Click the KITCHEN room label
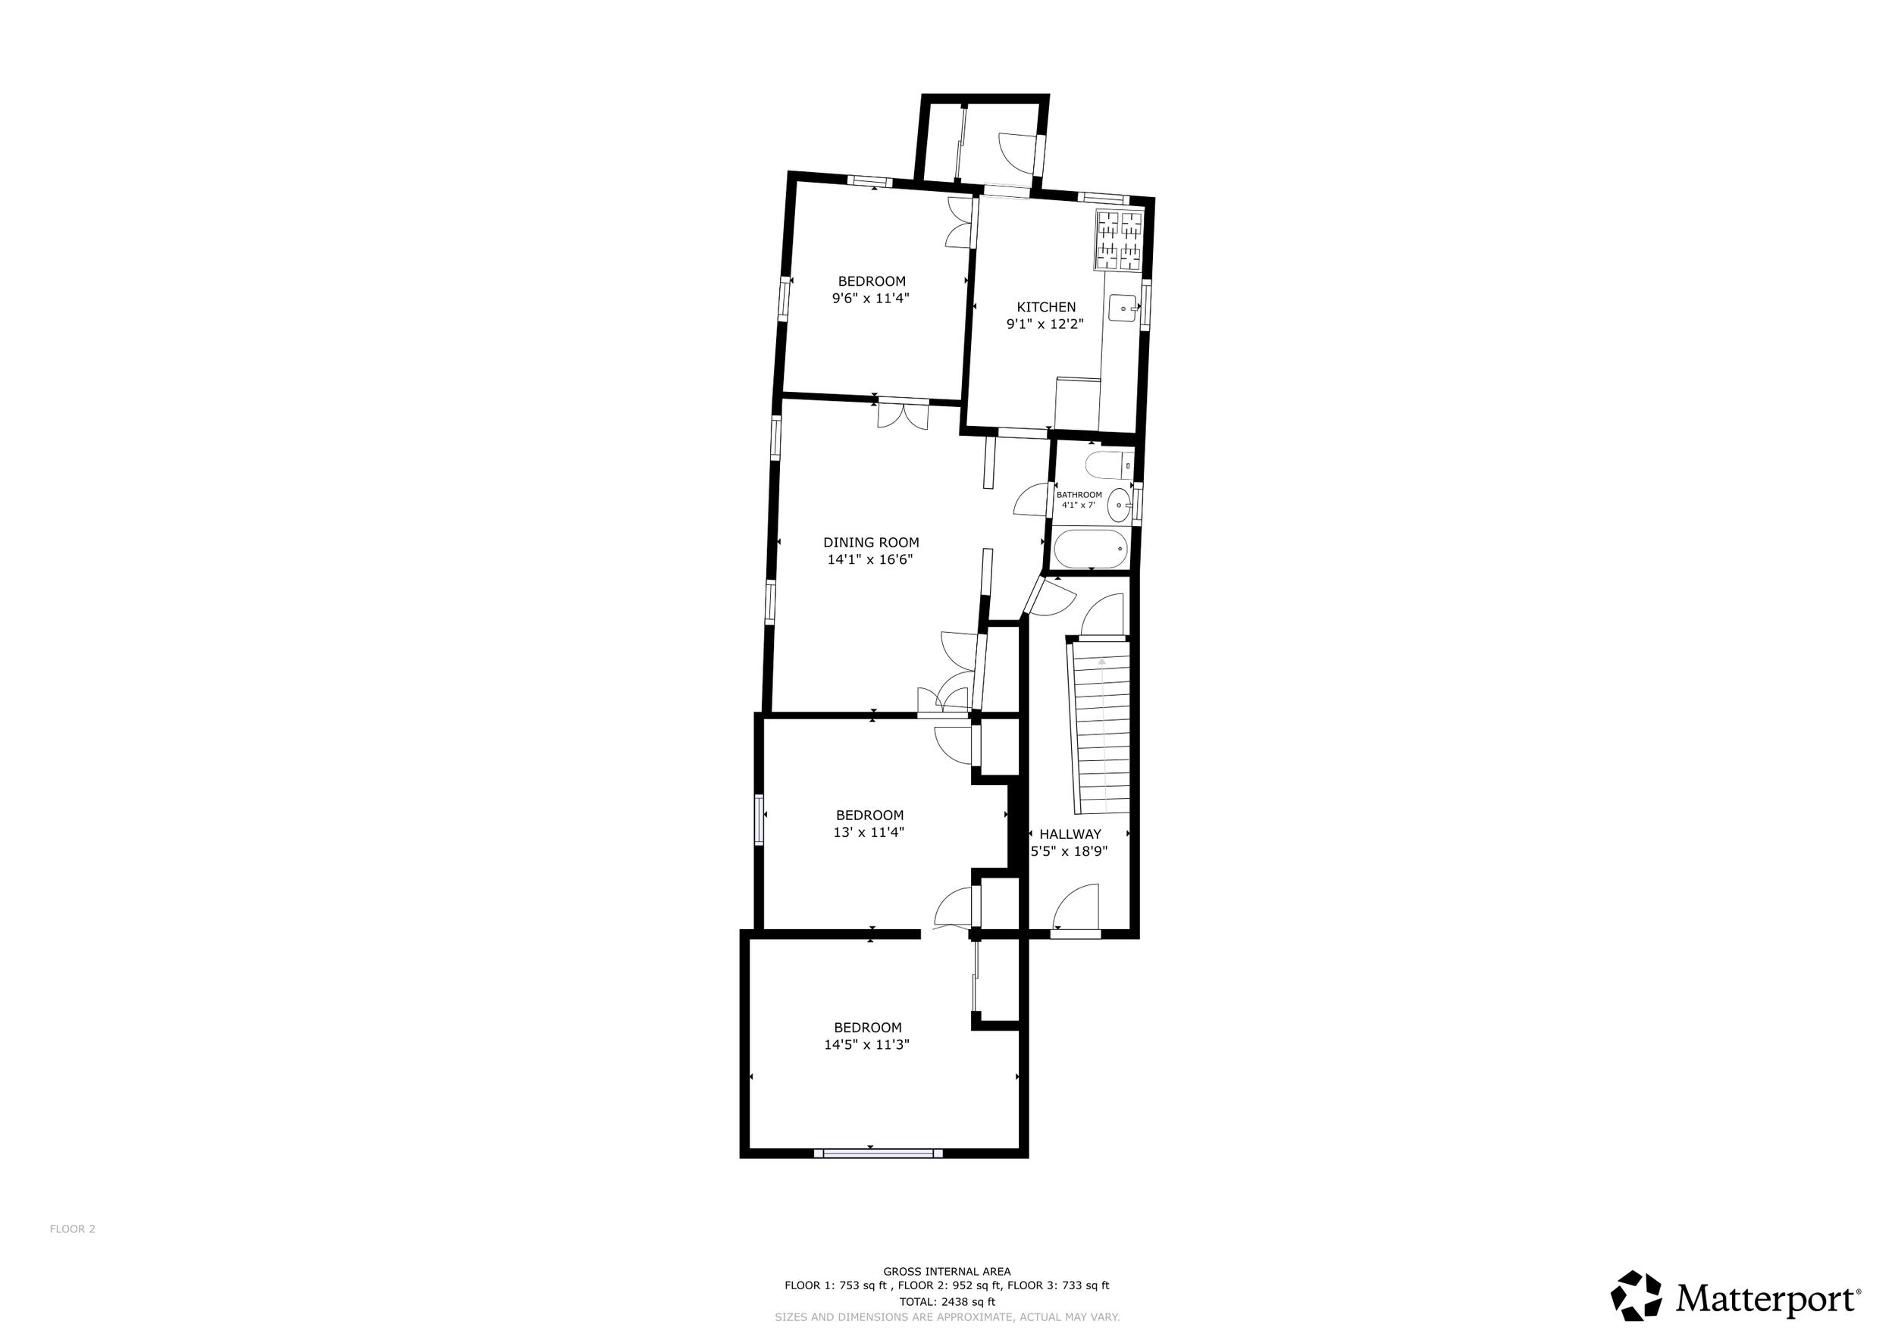[x=1046, y=307]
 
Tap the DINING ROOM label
[x=871, y=542]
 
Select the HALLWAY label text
[x=1070, y=834]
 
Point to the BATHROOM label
[x=1079, y=495]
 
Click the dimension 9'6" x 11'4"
[x=871, y=298]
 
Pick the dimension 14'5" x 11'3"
[x=866, y=1044]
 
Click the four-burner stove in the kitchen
[x=1119, y=240]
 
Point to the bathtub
[x=1091, y=549]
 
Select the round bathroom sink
[x=1118, y=504]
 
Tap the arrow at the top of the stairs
[x=1102, y=661]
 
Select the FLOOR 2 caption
[x=73, y=1229]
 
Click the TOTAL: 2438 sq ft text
[x=947, y=1302]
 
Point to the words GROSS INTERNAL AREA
[x=947, y=1272]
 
